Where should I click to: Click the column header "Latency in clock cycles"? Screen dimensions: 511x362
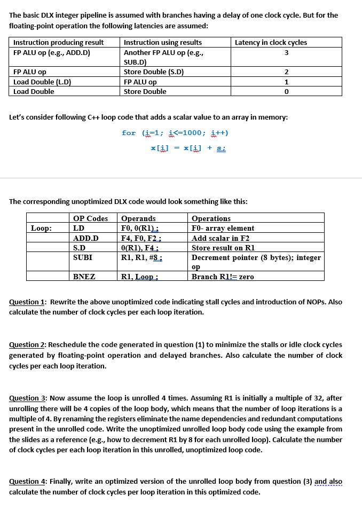[271, 42]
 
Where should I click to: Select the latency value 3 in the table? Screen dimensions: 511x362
[286, 52]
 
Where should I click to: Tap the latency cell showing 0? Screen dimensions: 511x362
[286, 91]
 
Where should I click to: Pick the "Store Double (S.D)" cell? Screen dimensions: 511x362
[154, 72]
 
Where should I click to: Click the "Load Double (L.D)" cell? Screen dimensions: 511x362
[42, 82]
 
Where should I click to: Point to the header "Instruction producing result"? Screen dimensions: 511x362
[59, 42]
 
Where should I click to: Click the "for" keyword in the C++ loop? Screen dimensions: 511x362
[129, 133]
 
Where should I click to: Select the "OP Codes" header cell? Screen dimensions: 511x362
[90, 218]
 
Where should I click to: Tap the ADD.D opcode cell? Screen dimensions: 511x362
[85, 238]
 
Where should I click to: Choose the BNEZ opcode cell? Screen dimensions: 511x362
[84, 277]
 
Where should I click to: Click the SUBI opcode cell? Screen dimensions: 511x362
[83, 257]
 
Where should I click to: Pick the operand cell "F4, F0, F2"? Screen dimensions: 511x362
[141, 238]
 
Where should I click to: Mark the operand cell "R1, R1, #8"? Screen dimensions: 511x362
[142, 257]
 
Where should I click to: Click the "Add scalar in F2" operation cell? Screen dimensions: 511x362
[221, 238]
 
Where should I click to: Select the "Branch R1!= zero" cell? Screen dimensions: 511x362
[223, 277]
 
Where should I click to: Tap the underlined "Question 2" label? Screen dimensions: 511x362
[27, 345]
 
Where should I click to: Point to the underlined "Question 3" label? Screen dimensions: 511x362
[27, 398]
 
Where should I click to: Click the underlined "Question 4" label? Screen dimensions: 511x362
[27, 482]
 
